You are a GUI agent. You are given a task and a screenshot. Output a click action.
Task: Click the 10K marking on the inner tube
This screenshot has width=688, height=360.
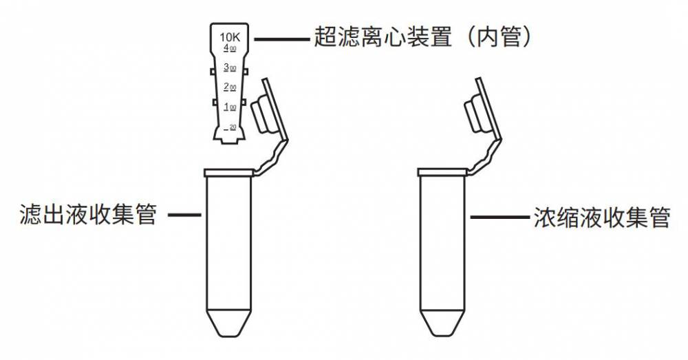[229, 36]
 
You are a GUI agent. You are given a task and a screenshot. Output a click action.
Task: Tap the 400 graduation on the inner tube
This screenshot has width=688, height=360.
[230, 48]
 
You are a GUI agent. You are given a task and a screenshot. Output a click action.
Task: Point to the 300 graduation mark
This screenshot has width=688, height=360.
[230, 67]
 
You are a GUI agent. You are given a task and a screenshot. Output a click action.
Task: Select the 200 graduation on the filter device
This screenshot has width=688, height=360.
[230, 87]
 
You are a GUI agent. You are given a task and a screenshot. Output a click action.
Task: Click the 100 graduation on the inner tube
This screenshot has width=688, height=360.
[230, 107]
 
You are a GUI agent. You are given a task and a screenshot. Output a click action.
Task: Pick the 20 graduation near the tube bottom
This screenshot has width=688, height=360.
[230, 127]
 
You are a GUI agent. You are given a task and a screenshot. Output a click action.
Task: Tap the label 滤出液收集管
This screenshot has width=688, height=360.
[88, 215]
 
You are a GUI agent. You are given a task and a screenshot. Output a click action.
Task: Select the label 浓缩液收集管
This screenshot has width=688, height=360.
[602, 218]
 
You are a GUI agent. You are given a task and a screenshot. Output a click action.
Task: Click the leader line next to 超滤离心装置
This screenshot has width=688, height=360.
[281, 39]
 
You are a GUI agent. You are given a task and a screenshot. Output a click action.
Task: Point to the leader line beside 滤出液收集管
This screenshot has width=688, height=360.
[184, 215]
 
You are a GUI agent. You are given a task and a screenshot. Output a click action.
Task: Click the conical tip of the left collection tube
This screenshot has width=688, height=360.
[229, 323]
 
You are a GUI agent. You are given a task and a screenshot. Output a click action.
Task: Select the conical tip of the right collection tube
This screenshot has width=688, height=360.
[442, 323]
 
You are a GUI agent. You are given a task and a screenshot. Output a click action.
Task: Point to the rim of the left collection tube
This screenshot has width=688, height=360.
[229, 171]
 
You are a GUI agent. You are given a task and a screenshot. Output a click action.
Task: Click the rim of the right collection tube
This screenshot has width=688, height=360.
[442, 171]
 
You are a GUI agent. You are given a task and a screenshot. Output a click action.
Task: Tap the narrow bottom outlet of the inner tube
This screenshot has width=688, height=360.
[229, 140]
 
